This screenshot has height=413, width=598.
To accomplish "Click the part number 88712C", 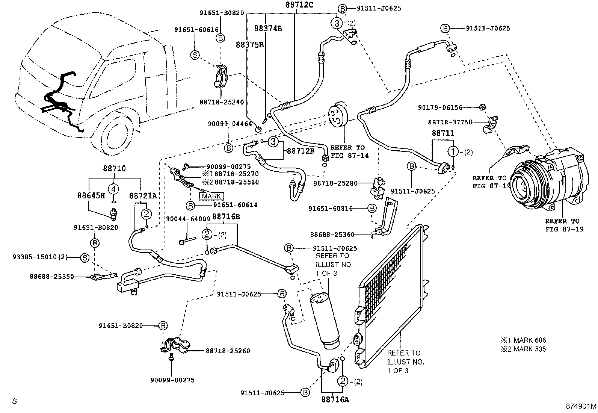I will tap(299, 5).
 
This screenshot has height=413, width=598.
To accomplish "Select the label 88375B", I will tap(250, 44).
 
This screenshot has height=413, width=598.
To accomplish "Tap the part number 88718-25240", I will tap(222, 102).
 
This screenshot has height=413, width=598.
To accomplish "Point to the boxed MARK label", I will tap(211, 196).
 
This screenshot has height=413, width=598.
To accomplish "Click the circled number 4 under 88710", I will tap(114, 188).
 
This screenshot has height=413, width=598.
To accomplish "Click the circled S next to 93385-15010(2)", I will tap(85, 257).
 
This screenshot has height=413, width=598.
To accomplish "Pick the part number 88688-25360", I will tap(332, 234).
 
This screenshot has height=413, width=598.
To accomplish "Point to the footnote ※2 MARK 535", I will tap(523, 349).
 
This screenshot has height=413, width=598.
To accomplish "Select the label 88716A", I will tap(335, 399).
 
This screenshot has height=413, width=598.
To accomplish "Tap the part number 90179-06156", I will tap(440, 107).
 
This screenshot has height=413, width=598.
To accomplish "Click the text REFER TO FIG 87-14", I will tap(347, 151).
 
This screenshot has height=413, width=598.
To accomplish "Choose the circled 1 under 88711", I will tap(453, 152).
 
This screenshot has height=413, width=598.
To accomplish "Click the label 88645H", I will tap(91, 195).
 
